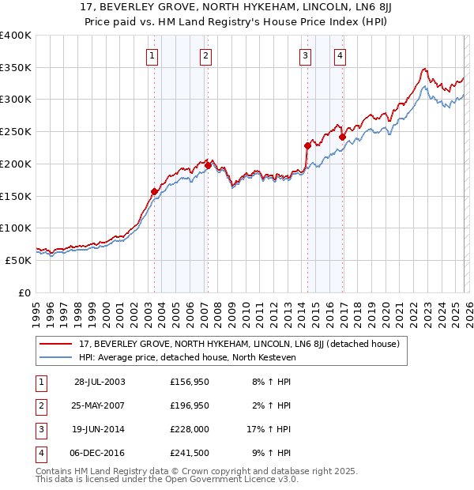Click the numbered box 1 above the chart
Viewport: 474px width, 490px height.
(x=152, y=55)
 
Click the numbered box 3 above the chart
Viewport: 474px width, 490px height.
(x=305, y=55)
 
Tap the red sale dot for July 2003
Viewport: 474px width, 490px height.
(x=155, y=190)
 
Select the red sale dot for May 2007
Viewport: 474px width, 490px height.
(x=208, y=165)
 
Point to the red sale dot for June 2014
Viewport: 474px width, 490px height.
(x=307, y=145)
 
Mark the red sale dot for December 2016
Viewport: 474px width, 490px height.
(x=342, y=137)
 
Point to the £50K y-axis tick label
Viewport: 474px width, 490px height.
(x=18, y=260)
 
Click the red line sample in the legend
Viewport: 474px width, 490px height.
(x=57, y=344)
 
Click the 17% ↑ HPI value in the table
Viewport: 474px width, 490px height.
(x=269, y=429)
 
